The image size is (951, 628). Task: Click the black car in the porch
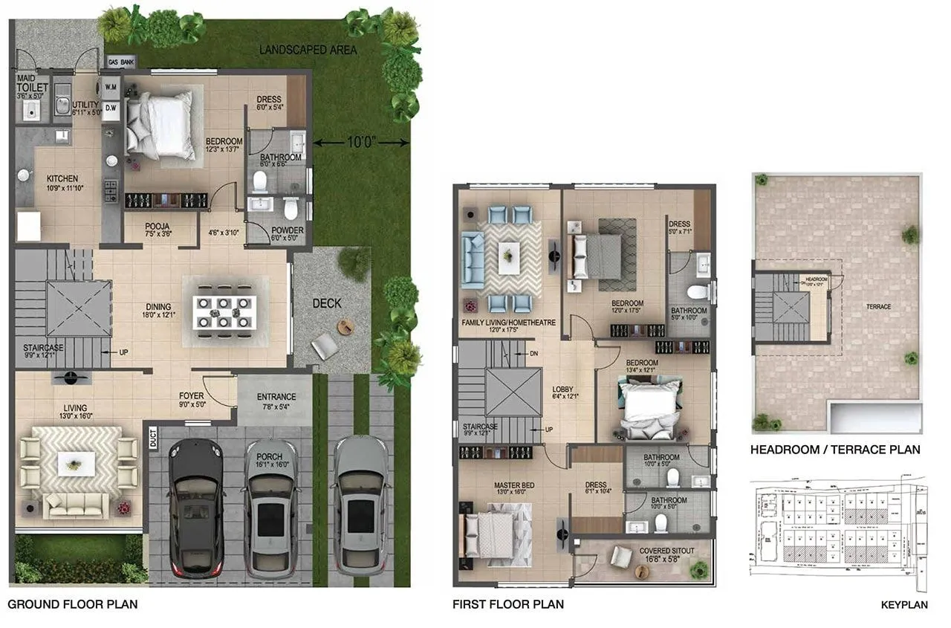pos(196,509)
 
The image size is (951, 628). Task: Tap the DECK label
pos(327,303)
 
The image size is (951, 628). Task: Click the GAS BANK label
pos(120,62)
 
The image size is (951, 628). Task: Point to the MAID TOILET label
pos(32,88)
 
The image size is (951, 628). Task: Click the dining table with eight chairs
pos(224,312)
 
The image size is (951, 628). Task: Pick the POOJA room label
pos(158,226)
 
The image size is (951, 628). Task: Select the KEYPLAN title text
pos(903,605)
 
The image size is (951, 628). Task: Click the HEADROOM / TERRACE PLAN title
pos(835,450)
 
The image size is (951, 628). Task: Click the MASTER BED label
pos(514,485)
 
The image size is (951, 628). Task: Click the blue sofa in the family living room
pos(471,260)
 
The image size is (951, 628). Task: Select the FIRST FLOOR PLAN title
pos(507,604)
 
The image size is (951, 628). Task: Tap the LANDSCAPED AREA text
pos(308,50)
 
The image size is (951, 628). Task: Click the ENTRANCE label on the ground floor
pos(276,397)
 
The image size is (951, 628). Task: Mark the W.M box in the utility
pos(111,87)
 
